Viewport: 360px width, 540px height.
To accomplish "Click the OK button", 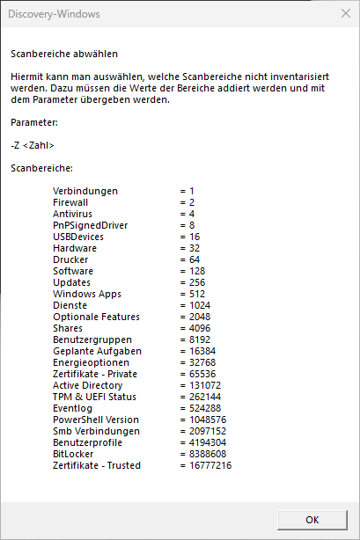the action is [x=312, y=519].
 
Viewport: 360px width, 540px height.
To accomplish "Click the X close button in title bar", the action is [x=344, y=13].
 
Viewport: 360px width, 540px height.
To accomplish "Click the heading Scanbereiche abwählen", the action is [x=63, y=55].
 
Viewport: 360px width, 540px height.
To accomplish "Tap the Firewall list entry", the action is [x=71, y=202].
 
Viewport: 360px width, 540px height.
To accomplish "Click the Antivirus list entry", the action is [x=72, y=214].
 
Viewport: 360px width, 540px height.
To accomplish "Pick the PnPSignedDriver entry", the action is [x=90, y=225].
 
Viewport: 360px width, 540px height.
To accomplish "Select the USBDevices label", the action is [x=78, y=237].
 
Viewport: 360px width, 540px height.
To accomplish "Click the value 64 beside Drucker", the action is [x=194, y=259].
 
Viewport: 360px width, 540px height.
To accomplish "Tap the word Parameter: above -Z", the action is [x=34, y=122].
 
